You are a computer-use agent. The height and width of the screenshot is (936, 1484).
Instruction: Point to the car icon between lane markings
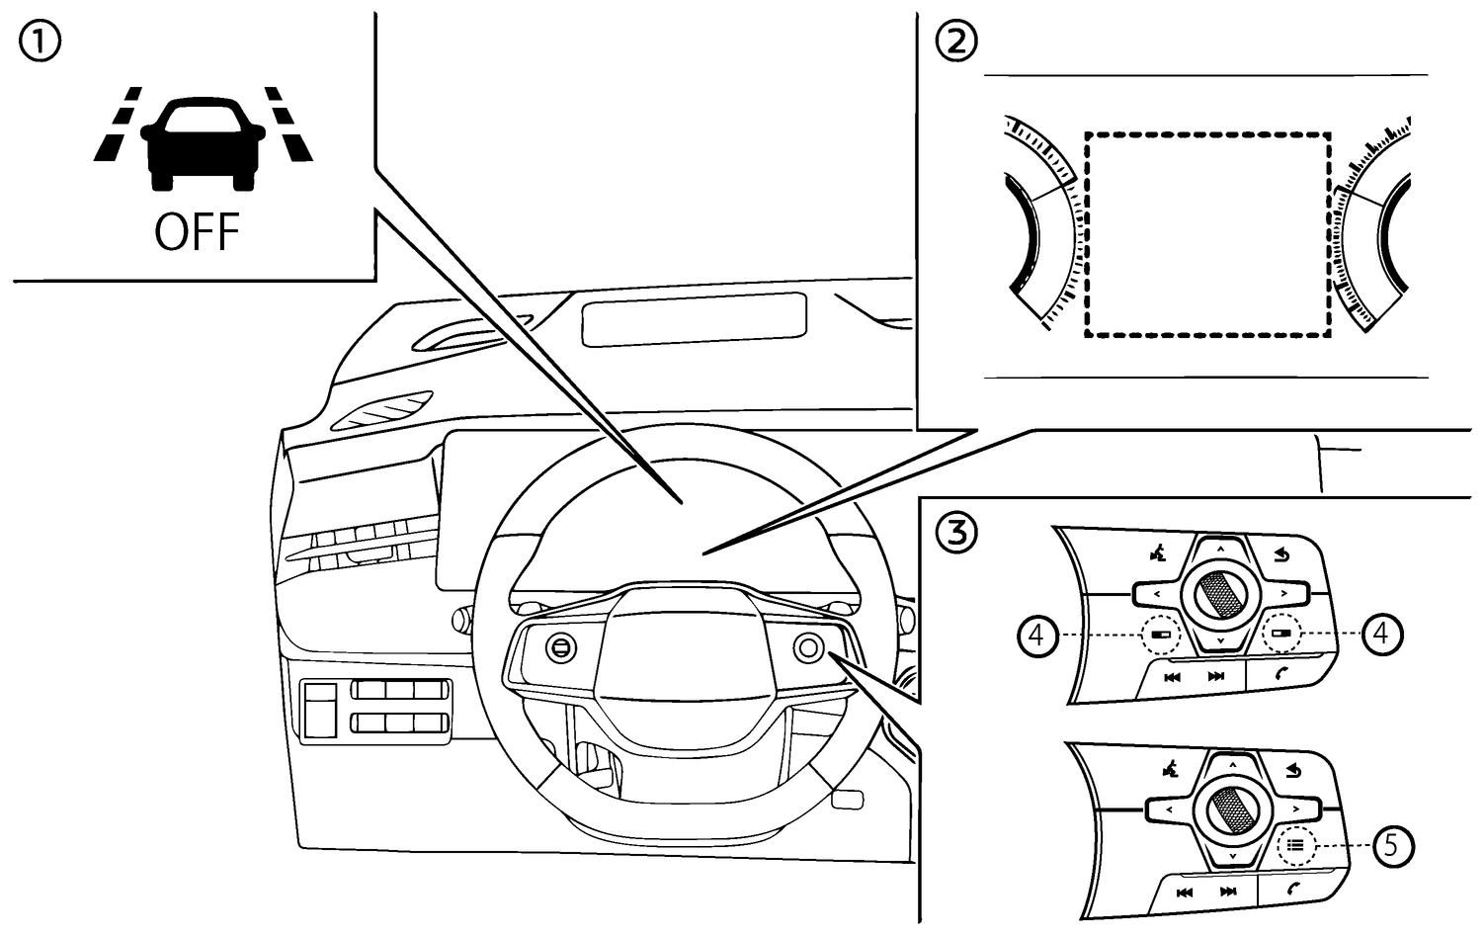pyautogui.click(x=203, y=141)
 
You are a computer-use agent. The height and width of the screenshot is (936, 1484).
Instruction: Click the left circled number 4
pyautogui.click(x=1035, y=634)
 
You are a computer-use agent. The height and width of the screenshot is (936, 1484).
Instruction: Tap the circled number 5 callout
pyautogui.click(x=1392, y=846)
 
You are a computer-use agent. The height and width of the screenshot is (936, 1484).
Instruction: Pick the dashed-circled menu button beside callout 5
pyautogui.click(x=1295, y=846)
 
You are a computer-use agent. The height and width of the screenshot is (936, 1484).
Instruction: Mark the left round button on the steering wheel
pyautogui.click(x=560, y=647)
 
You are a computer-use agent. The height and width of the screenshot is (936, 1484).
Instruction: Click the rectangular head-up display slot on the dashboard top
pyautogui.click(x=694, y=319)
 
